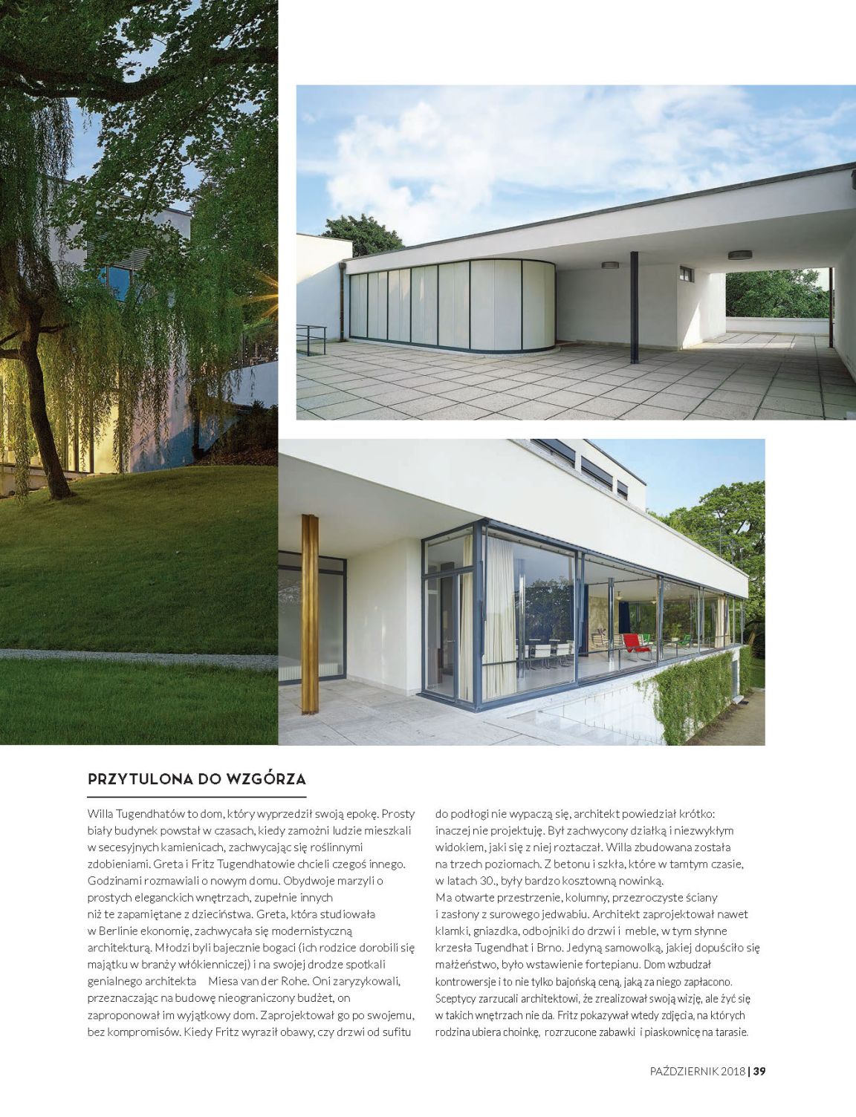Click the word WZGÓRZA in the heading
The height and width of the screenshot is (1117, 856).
point(265,779)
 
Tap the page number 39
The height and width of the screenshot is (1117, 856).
point(759,1071)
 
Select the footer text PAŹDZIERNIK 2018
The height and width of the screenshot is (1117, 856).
point(696,1071)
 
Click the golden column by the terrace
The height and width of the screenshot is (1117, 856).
point(310,613)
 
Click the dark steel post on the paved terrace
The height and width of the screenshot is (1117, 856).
point(634,307)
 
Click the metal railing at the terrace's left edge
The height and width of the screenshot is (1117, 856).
point(312,339)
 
